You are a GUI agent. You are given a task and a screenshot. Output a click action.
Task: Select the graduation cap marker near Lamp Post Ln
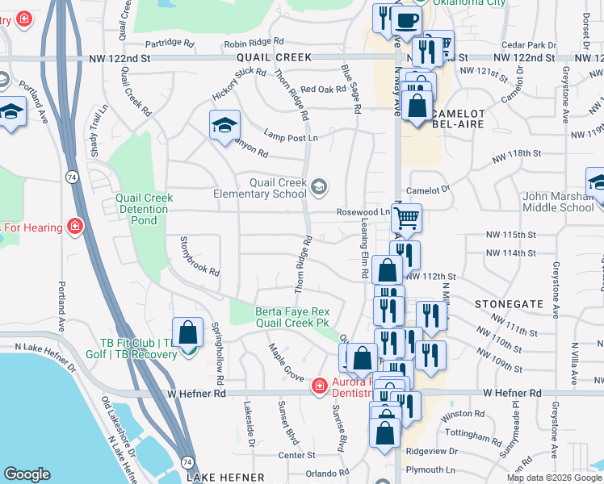(x=225, y=125)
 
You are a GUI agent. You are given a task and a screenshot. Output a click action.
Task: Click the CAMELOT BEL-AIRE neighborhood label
(x=458, y=122)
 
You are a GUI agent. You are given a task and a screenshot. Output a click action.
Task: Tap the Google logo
(x=27, y=474)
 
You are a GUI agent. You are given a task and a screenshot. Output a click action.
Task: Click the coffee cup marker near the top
(x=406, y=19)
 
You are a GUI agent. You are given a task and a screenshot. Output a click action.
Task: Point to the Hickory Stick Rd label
(x=239, y=83)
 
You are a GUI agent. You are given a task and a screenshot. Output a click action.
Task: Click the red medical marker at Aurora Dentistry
(x=320, y=387)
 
